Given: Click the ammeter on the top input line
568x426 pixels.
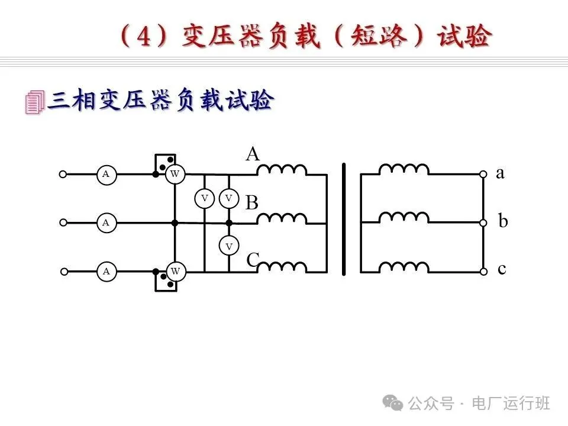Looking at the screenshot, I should (106, 174).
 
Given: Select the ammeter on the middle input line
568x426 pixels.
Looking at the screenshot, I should (106, 223).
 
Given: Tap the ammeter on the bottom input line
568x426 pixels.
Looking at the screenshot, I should (106, 272).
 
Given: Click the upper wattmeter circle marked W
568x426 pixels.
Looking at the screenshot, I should (175, 174).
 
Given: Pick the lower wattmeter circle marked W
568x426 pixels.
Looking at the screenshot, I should (175, 272).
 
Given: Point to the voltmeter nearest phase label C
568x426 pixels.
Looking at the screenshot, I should (229, 246).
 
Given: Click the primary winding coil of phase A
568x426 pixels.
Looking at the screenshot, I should (282, 170).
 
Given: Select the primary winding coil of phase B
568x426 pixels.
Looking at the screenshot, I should (282, 219).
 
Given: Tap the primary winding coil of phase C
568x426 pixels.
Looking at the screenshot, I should (282, 267).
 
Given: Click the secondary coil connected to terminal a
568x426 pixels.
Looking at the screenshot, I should (404, 170).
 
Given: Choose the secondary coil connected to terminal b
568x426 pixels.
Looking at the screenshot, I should (404, 219).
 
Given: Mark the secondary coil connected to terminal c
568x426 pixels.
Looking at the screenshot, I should (404, 267).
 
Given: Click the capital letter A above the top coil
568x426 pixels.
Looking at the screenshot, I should (253, 154).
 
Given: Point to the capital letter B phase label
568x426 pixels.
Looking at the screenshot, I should (252, 203).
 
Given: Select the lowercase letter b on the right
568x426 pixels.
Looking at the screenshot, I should (503, 222).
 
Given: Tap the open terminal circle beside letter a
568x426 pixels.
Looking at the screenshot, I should (483, 175).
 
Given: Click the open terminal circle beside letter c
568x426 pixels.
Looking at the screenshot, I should (483, 272).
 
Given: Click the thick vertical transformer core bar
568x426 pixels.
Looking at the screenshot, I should (344, 220).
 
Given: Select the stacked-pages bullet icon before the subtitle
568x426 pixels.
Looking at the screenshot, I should (34, 102).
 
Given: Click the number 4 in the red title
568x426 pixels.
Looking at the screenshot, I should (144, 38).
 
